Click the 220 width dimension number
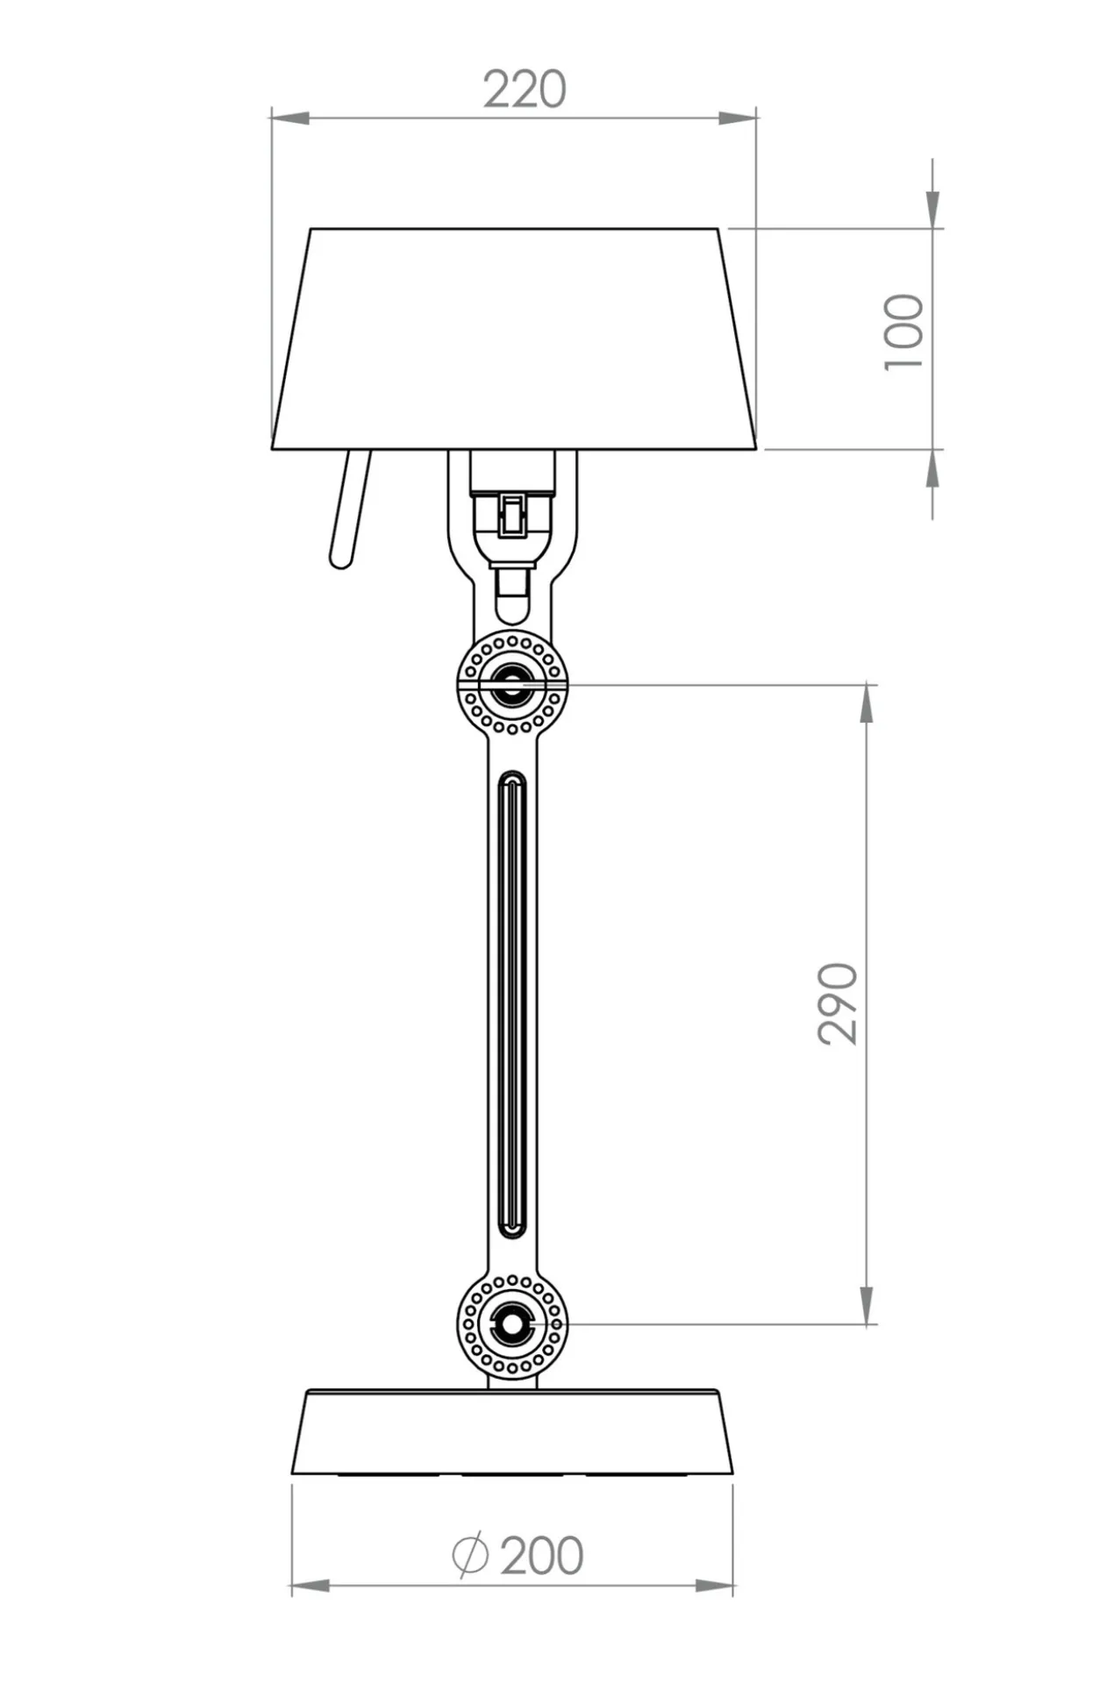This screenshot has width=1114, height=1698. pos(525,89)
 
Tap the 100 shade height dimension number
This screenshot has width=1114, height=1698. pos(904,332)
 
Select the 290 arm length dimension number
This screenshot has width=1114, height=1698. pos(838,1003)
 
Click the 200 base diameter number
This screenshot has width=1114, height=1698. pos(541,1556)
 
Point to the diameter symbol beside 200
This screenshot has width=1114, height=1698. pos(470,1555)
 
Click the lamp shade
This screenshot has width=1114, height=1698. pos(514,339)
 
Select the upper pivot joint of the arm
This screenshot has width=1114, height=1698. pos(512,683)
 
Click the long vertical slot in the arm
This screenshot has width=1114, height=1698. pos(512,1004)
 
